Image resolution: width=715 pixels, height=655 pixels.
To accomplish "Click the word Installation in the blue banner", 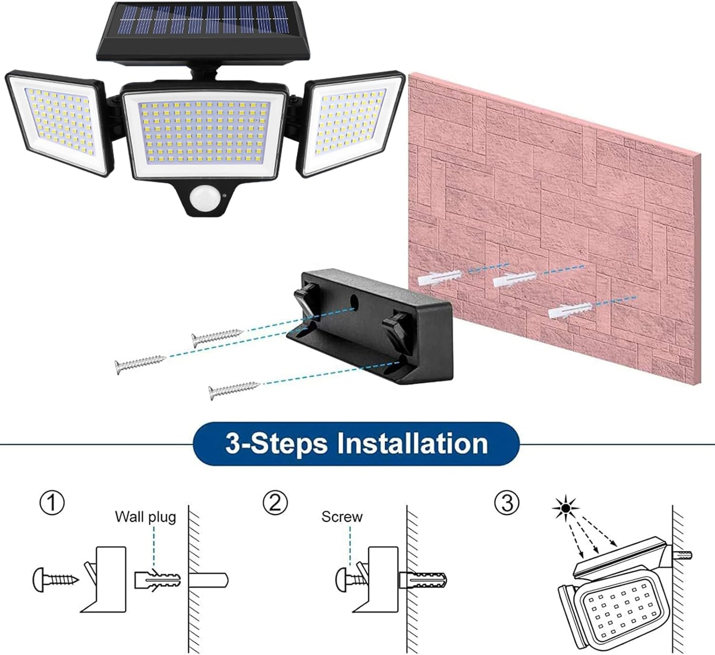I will [412, 443].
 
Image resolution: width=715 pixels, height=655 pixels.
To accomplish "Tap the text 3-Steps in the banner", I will [276, 443].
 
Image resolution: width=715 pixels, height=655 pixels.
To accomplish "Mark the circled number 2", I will [275, 503].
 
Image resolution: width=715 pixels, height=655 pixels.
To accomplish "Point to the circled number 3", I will [506, 503].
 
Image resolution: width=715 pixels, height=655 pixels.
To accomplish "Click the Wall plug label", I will [145, 517].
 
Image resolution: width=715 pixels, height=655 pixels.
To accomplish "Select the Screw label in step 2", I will [342, 517].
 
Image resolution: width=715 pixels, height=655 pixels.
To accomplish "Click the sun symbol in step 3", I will [565, 509].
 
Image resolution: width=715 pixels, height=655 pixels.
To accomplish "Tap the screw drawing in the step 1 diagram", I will [55, 580].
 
